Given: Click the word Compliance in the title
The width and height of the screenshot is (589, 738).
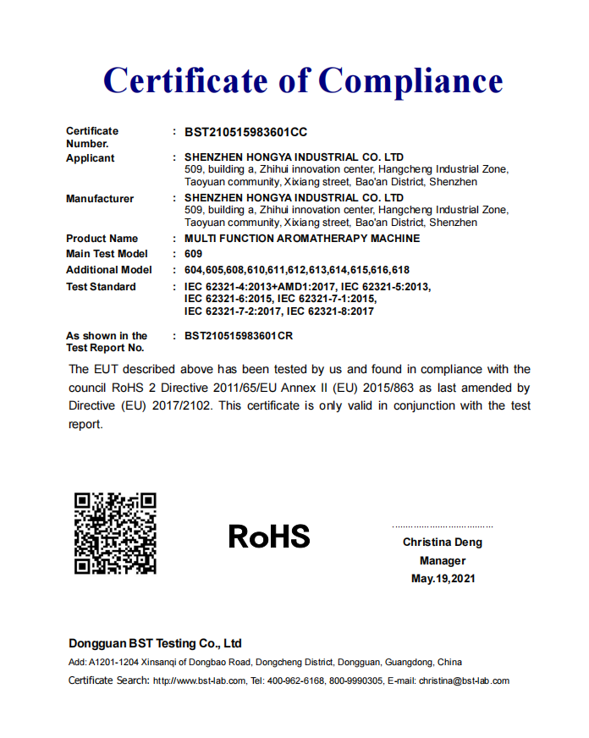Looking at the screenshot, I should click(410, 80).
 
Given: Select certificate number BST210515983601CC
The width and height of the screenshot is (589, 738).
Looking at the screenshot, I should click(245, 132).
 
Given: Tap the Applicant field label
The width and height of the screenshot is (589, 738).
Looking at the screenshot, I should click(91, 158).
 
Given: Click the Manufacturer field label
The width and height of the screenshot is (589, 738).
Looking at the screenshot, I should click(100, 199).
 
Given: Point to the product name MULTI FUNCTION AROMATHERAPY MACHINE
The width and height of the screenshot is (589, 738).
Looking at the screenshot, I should click(302, 239).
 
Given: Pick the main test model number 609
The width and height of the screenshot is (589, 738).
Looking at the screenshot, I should click(193, 254).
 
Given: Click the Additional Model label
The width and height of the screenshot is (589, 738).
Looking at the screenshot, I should click(109, 270).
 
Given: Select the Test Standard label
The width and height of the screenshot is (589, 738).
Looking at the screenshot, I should click(101, 287).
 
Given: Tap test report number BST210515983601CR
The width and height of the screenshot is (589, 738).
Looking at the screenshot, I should click(245, 336).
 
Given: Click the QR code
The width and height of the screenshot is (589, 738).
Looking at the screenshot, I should click(115, 533).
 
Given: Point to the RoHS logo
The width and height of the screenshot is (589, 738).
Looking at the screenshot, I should click(269, 536).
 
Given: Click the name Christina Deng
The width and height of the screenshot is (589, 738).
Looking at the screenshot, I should click(442, 542).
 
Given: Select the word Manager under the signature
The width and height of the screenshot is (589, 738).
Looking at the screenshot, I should click(443, 560).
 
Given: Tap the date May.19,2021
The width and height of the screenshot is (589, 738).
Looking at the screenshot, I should click(443, 579).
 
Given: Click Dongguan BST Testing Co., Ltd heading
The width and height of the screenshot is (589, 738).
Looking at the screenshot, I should click(155, 643).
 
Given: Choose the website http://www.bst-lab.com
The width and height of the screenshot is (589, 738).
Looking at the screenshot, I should click(200, 681).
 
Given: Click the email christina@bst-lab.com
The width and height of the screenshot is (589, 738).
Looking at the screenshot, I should click(464, 681).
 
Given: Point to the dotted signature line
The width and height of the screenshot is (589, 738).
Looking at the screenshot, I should click(442, 526).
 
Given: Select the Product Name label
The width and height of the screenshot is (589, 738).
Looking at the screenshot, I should click(102, 239).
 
